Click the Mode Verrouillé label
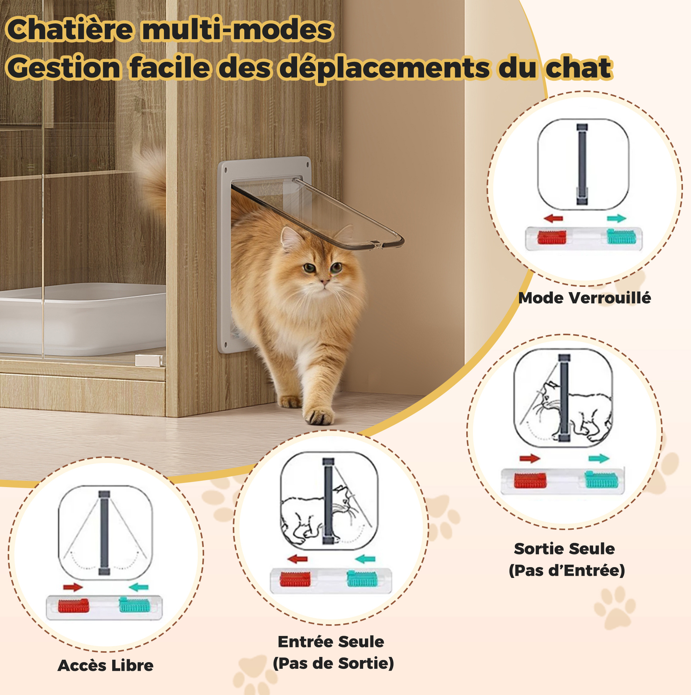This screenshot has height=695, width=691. pos(584,298)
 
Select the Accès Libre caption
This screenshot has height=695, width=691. pos(106,666)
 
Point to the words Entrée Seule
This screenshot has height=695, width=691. pos(331,642)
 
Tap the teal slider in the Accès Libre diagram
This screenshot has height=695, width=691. pos(134,605)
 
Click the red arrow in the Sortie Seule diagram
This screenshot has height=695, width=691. pos(530,458)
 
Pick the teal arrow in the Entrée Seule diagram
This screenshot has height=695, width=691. pos(365,559)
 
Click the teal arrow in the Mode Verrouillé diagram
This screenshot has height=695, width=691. pos(617,218)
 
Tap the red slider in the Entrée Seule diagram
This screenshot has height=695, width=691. pos(295,579)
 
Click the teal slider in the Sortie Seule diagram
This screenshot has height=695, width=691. pos(601,479)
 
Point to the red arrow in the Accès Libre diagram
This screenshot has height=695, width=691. pos(73,587)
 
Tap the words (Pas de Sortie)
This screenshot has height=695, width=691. pos(333,663)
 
